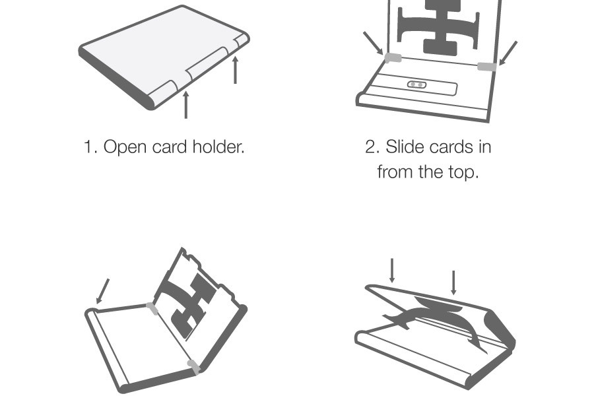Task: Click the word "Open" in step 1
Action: pyautogui.click(x=125, y=147)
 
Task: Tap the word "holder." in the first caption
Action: pyautogui.click(x=218, y=147)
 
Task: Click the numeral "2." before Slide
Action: pyautogui.click(x=373, y=147)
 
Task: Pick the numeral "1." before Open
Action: pyautogui.click(x=91, y=147)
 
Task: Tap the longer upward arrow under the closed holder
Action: pyautogui.click(x=185, y=104)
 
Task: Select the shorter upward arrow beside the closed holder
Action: pyautogui.click(x=235, y=70)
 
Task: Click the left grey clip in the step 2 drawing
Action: pyautogui.click(x=393, y=57)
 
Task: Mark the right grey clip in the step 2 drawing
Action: pyautogui.click(x=487, y=67)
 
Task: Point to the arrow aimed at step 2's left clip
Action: pyautogui.click(x=373, y=43)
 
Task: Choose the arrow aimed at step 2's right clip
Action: pyautogui.click(x=508, y=53)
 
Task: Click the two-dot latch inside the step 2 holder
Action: pyautogui.click(x=416, y=84)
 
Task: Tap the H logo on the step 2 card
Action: pyautogui.click(x=438, y=24)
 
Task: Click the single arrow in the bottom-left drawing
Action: pyautogui.click(x=102, y=291)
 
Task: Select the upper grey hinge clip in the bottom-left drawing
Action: pyautogui.click(x=152, y=308)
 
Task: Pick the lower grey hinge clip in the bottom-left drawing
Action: pyautogui.click(x=194, y=367)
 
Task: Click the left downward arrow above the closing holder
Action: pyautogui.click(x=392, y=271)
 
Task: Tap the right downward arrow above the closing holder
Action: pyautogui.click(x=453, y=282)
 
